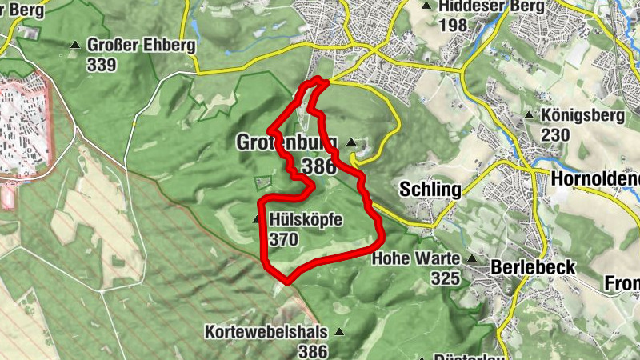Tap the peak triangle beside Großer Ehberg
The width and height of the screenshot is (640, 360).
coord(76,46)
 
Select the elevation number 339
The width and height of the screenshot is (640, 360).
coord(102,65)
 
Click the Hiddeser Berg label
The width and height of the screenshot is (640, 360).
coord(492,6)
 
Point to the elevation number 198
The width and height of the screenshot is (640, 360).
coord(453,25)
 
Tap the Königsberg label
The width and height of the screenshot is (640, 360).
coord(582,116)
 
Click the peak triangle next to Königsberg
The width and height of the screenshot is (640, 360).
coord(530,116)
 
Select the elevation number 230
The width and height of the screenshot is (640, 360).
coord(556,134)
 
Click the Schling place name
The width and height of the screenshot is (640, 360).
coord(430,190)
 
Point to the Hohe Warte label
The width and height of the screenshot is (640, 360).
coord(416,259)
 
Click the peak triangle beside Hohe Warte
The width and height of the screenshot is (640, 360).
coord(472,259)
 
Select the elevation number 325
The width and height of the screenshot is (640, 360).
coord(446,278)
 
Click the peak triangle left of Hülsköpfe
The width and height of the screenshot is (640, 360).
coord(256,219)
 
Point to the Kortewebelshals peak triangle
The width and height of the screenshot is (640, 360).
coord(339,331)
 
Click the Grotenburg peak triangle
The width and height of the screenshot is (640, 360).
coord(351,142)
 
